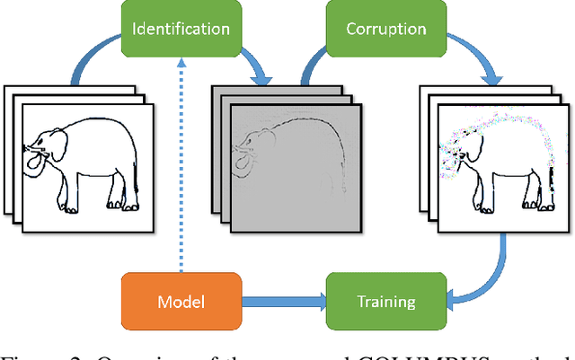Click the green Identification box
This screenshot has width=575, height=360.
(180, 29)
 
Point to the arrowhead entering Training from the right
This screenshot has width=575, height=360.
(453, 301)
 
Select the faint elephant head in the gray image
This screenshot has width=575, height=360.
(247, 148)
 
